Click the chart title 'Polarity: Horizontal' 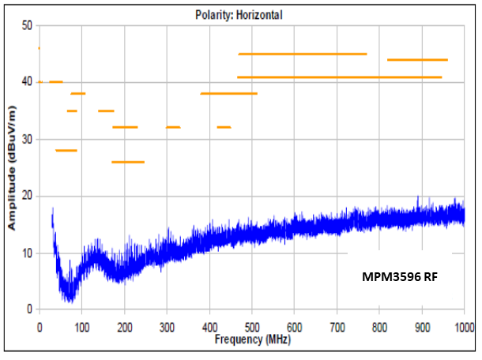point(239,14)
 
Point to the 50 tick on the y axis point(26,26)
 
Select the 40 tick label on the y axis point(26,82)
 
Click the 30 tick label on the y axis point(26,139)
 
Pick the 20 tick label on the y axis point(26,196)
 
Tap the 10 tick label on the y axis point(26,253)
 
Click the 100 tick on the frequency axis point(81,326)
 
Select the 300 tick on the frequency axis point(166,326)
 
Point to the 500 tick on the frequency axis point(251,326)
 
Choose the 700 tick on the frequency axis point(337,326)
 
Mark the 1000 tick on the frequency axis point(462,326)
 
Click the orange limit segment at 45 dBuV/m point(303,54)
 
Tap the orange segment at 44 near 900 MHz point(417,60)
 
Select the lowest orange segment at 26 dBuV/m point(128,162)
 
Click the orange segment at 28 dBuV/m point(66,150)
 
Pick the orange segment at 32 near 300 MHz point(173,127)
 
